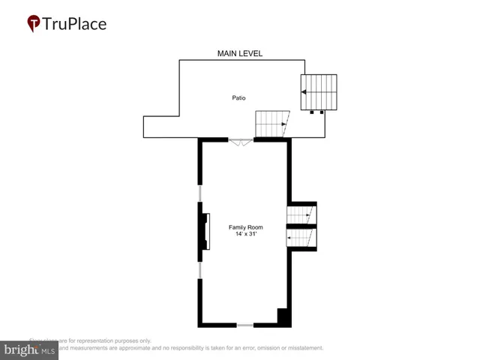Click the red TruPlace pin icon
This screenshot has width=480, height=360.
[x=34, y=24]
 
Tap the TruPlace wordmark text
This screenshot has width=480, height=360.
[x=75, y=23]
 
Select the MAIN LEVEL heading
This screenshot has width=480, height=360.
[x=239, y=53]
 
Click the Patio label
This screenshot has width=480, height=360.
[x=238, y=97]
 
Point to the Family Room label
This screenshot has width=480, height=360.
[x=244, y=226]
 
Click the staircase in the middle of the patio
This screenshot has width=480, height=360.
[x=271, y=124]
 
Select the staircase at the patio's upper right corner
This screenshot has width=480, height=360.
[x=319, y=92]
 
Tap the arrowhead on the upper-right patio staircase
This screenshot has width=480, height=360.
[x=303, y=92]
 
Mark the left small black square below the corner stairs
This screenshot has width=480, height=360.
[x=311, y=112]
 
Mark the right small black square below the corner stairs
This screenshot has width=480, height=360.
[x=322, y=112]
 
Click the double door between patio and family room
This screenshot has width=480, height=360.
[x=241, y=142]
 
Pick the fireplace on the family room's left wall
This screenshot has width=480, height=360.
[x=204, y=232]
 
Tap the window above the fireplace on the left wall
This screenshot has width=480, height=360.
[x=200, y=194]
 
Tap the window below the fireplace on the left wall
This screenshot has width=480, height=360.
[x=200, y=270]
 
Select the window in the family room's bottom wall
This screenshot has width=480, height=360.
[x=244, y=325]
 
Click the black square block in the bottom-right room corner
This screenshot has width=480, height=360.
[x=283, y=316]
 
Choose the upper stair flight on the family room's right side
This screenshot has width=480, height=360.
[x=301, y=215]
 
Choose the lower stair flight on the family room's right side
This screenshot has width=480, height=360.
[x=301, y=238]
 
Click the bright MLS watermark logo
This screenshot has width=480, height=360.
[x=29, y=349]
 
